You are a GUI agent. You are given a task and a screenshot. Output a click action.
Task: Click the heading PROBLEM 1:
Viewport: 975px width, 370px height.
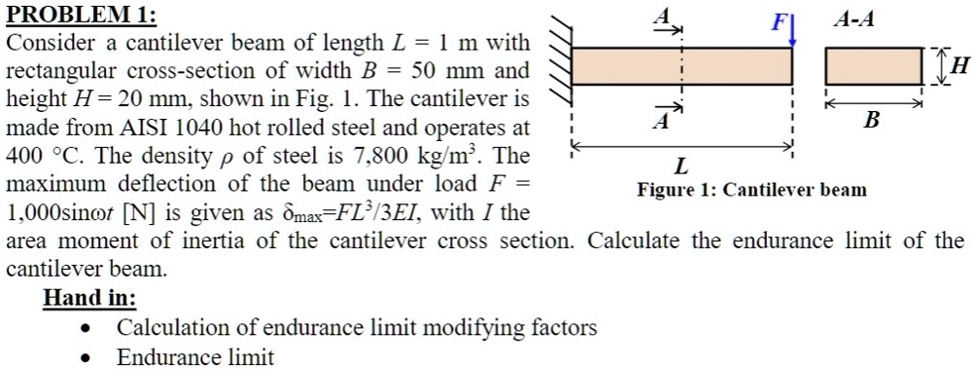[79, 16]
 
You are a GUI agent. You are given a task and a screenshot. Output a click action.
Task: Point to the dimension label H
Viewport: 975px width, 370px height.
[960, 66]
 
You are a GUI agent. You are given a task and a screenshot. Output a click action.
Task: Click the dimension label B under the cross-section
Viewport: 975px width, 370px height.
[871, 120]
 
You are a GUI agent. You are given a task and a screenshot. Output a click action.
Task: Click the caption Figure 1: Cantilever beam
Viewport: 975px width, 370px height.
[751, 190]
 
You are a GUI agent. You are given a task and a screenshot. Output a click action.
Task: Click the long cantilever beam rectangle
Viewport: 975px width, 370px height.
[681, 65]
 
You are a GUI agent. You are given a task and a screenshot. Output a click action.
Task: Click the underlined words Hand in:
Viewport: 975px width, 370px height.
[89, 297]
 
